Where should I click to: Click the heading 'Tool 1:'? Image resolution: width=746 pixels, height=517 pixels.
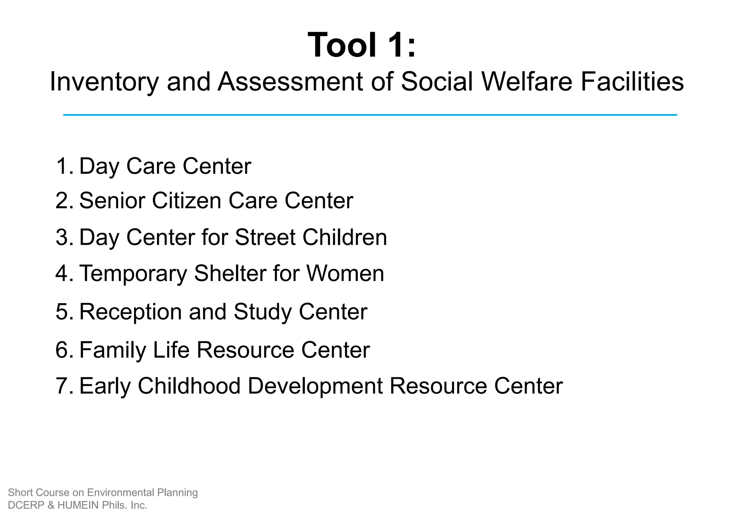click(361, 45)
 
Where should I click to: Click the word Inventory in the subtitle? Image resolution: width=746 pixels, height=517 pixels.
click(104, 82)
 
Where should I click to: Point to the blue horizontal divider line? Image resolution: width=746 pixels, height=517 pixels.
click(370, 115)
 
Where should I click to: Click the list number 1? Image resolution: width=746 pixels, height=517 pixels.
click(63, 166)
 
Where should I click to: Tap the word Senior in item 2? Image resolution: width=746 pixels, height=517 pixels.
click(112, 201)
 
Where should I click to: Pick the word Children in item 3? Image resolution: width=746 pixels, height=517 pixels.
click(345, 237)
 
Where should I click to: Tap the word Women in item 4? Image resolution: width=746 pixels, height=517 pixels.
click(345, 273)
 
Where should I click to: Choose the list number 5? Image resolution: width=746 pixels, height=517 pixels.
click(63, 312)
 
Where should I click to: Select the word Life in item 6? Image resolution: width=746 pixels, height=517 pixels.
click(171, 350)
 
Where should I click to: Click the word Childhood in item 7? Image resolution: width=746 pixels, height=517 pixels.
click(189, 386)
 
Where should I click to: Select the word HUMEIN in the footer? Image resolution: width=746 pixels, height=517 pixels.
click(78, 505)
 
